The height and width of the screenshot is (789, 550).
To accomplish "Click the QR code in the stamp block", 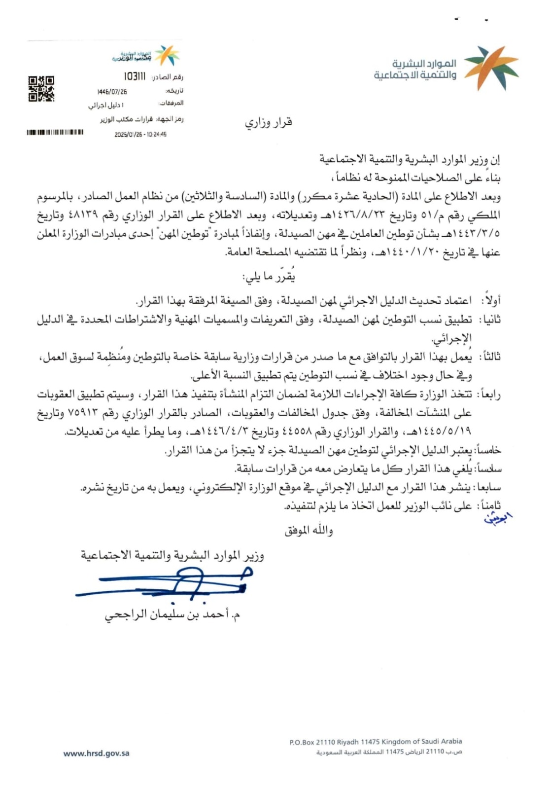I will tap(41, 88).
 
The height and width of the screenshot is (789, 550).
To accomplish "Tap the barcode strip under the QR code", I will tap(55, 132).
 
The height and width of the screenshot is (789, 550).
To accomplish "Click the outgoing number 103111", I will tap(135, 77).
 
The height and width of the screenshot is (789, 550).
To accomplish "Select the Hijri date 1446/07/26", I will tap(112, 92).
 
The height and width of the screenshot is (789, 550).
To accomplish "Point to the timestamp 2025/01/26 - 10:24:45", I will tap(140, 134).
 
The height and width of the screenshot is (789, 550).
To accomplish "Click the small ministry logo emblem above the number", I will tap(168, 55).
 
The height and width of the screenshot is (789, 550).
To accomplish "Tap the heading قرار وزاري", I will tap(269, 122).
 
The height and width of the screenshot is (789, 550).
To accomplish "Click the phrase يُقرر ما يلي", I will tap(269, 277).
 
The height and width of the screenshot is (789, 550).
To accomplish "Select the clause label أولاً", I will tap(492, 300).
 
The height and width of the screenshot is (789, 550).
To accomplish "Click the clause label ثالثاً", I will tap(490, 357).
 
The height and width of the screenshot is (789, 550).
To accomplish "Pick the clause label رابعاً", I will tap(490, 394).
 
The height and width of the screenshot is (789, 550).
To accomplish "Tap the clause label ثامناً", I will tap(490, 506).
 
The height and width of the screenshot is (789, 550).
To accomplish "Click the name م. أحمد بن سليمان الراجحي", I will tap(172, 614).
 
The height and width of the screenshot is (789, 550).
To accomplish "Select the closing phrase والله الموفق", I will tap(309, 531).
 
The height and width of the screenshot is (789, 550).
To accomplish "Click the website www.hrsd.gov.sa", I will tap(97, 753).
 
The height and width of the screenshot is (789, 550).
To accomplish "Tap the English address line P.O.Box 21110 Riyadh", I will tap(376, 741).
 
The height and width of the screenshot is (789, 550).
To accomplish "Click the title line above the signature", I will tap(172, 556).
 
